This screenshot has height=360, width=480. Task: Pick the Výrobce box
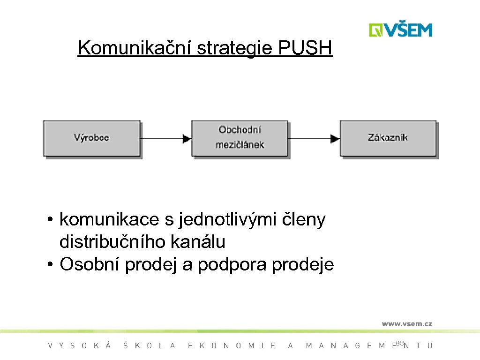[x=92, y=138]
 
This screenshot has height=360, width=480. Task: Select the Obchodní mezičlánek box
[x=240, y=138]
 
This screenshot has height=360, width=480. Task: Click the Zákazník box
[x=388, y=138]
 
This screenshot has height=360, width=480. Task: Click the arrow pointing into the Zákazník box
[x=314, y=138]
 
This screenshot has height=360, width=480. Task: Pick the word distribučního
[x=112, y=242]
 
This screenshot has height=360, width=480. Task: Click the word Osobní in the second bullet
[x=90, y=265]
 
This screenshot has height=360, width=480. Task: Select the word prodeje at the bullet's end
[x=303, y=265]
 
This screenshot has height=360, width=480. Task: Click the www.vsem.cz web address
[x=406, y=323]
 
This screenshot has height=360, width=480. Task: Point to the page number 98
[x=399, y=344]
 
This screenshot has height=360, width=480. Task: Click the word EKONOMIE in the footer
[x=232, y=346]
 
